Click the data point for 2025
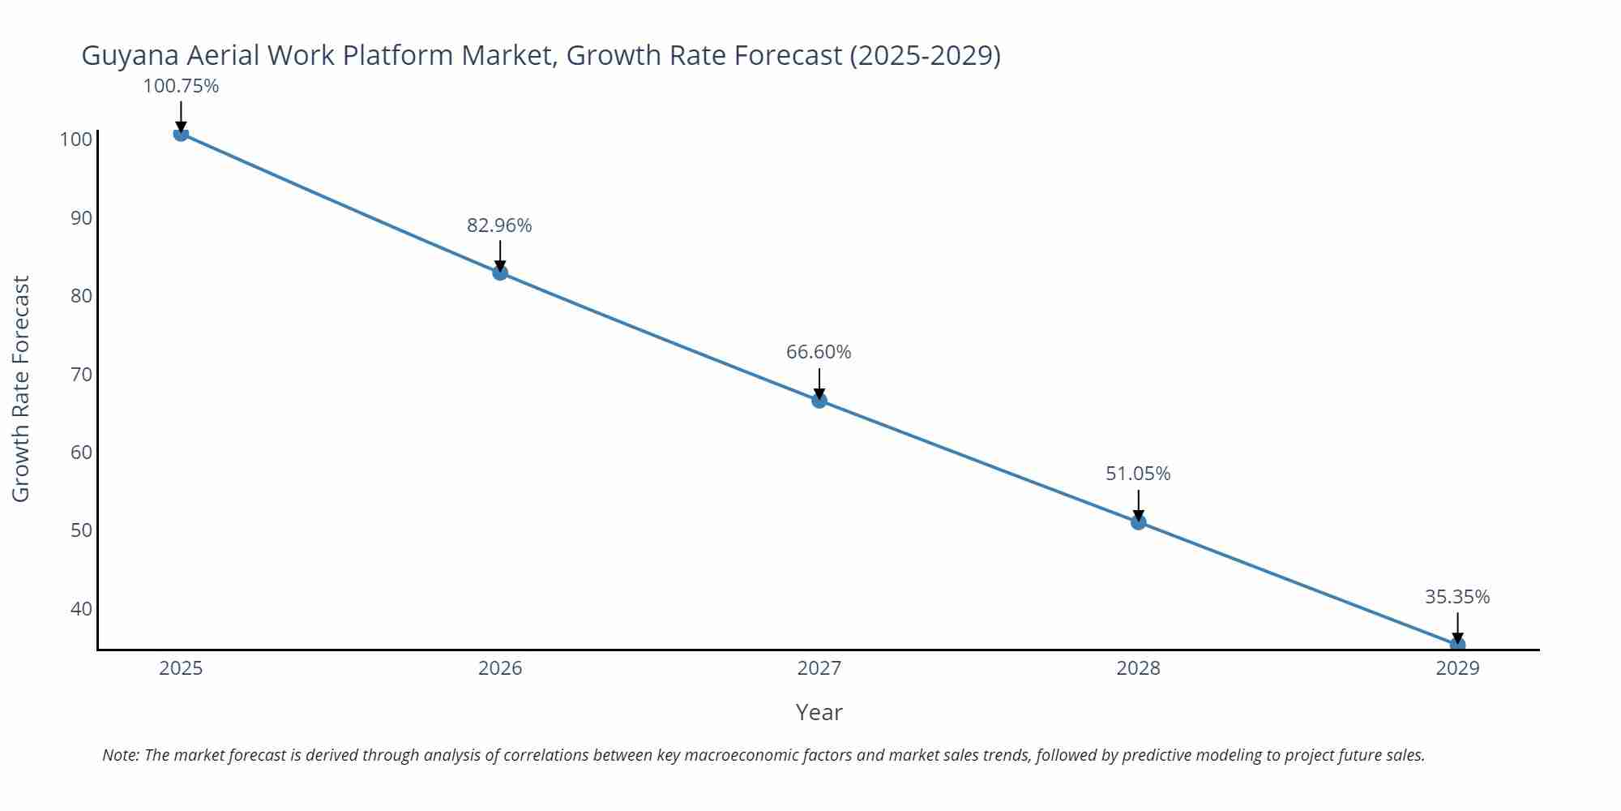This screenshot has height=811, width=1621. tap(181, 134)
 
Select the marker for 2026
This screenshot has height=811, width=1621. tap(500, 272)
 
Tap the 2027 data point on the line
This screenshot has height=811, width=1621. tap(819, 400)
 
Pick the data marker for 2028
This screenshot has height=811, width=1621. tap(1138, 521)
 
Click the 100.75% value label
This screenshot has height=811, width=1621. tap(181, 86)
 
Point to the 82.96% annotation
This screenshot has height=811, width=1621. tap(499, 225)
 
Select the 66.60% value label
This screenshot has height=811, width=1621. tap(819, 352)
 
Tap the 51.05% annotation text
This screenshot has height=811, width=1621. tap(1138, 474)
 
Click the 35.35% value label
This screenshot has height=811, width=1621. tap(1457, 597)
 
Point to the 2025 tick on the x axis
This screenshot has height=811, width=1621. tap(181, 668)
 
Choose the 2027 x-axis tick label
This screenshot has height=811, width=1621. tap(819, 668)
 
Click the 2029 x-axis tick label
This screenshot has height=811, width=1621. tap(1457, 668)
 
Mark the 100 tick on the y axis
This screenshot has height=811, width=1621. tap(76, 139)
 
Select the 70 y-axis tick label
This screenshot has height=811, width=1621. tap(81, 374)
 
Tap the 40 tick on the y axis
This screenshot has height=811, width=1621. tap(81, 608)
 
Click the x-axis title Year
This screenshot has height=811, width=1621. tap(819, 712)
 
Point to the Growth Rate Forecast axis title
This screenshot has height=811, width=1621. tap(21, 388)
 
